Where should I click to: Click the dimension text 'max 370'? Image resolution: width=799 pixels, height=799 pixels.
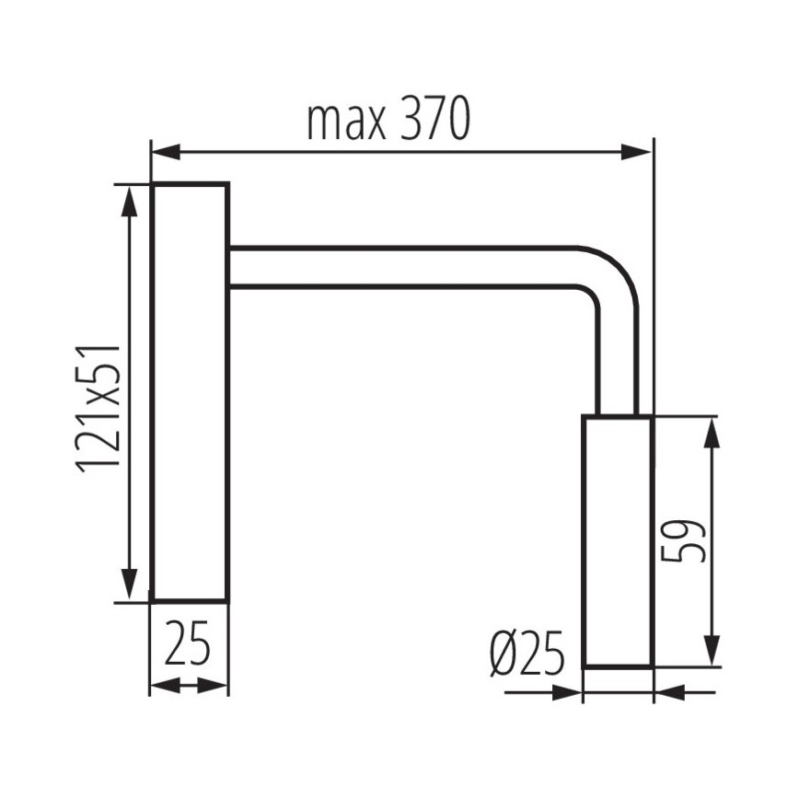[388, 120]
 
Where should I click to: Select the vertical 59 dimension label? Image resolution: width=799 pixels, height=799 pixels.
[683, 541]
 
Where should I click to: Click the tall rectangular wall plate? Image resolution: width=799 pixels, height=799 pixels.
[190, 393]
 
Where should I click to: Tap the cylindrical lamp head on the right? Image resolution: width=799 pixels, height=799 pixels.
[618, 541]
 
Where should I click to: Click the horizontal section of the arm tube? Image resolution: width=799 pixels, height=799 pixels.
[405, 267]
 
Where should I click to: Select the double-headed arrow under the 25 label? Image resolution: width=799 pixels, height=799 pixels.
[189, 685]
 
